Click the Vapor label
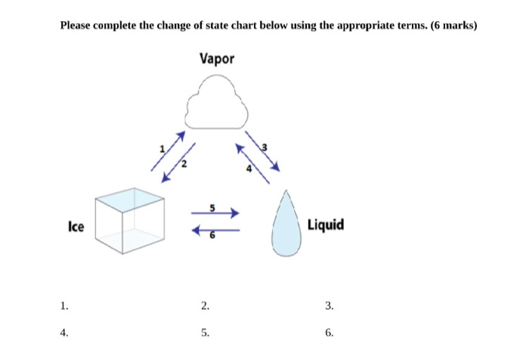click(x=218, y=57)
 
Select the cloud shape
click(x=217, y=107)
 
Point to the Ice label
click(x=76, y=226)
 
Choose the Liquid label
click(x=326, y=225)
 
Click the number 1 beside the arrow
click(x=159, y=149)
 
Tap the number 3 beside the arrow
click(x=264, y=147)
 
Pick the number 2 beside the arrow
click(x=181, y=164)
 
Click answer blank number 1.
click(x=65, y=306)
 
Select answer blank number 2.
click(x=205, y=306)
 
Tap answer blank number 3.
click(x=329, y=306)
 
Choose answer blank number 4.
click(x=65, y=331)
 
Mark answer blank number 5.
click(x=205, y=331)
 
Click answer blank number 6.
click(x=329, y=331)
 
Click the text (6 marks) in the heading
click(x=453, y=25)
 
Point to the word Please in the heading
click(x=76, y=25)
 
